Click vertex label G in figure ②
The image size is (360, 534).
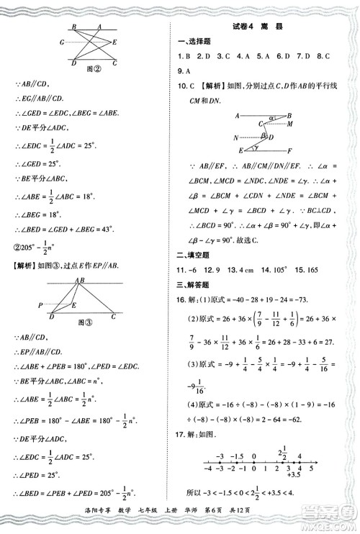[x=63, y=42]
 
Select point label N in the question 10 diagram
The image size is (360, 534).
[x=235, y=137]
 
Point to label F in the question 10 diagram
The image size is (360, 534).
[x=289, y=151]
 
